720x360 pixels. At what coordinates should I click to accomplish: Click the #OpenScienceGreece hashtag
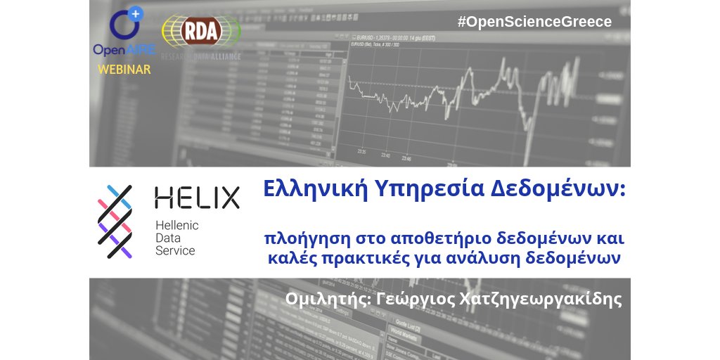pyautogui.click(x=534, y=22)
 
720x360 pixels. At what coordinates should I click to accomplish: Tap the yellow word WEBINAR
pyautogui.click(x=124, y=70)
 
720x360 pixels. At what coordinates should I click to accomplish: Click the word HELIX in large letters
pyautogui.click(x=197, y=198)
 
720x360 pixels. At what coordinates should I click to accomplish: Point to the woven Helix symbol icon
pyautogui.click(x=115, y=220)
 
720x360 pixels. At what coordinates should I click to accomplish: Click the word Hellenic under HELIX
pyautogui.click(x=176, y=225)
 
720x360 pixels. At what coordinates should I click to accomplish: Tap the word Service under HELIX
pyautogui.click(x=175, y=250)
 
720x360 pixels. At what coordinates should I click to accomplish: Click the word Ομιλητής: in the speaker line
pyautogui.click(x=325, y=298)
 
